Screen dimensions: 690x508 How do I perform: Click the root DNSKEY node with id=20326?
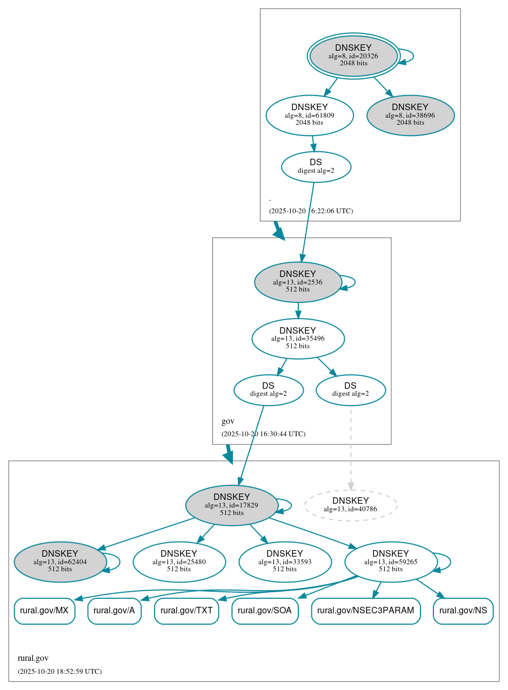click(353, 56)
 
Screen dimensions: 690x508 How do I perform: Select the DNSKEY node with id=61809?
click(310, 115)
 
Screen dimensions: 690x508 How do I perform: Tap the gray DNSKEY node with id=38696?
click(410, 115)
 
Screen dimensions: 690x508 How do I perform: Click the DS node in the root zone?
click(316, 167)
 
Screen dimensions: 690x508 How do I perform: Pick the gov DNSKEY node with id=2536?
click(298, 282)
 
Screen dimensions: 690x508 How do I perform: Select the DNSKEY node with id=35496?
click(298, 339)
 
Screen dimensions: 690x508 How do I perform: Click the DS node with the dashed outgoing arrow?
click(350, 390)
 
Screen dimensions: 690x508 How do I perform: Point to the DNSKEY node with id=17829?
click(232, 505)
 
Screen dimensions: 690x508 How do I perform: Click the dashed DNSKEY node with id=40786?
click(351, 505)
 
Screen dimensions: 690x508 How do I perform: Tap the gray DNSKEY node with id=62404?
click(60, 562)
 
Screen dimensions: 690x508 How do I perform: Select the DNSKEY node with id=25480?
click(179, 562)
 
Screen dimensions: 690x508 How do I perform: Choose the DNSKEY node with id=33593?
click(285, 562)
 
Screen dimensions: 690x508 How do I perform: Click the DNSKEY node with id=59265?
click(391, 562)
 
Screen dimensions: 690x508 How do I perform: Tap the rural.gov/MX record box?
click(44, 611)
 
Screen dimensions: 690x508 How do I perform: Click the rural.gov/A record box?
click(114, 611)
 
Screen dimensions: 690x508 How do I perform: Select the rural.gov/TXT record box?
click(186, 611)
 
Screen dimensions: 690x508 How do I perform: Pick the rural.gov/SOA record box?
click(265, 611)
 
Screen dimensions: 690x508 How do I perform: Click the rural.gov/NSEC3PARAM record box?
click(366, 611)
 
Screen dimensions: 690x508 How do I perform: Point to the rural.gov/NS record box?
click(463, 611)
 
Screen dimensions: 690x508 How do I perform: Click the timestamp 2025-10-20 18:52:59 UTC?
click(59, 672)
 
